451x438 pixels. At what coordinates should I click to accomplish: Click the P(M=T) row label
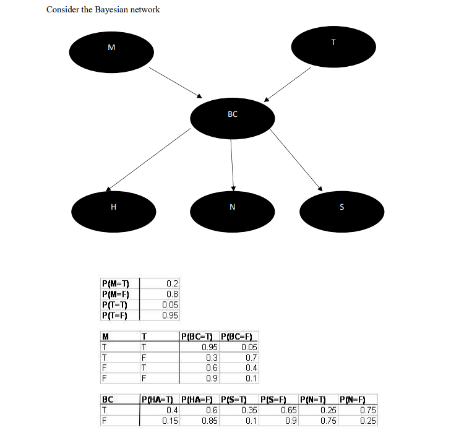[x=114, y=284]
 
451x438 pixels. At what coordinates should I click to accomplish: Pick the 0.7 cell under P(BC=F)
[x=251, y=358]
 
